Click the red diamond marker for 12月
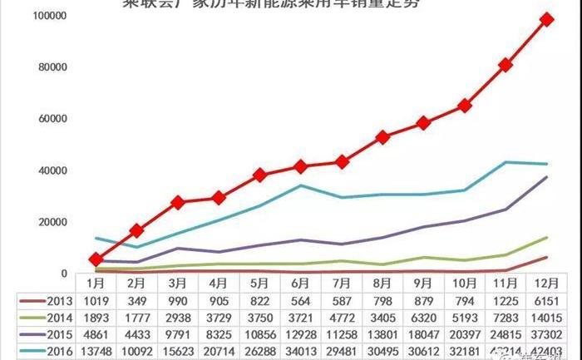pos(546,19)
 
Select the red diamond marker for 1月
pos(96,259)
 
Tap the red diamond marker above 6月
pos(300,166)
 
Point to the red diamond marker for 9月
pos(423,122)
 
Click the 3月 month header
pos(178,283)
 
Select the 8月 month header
pos(382,283)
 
